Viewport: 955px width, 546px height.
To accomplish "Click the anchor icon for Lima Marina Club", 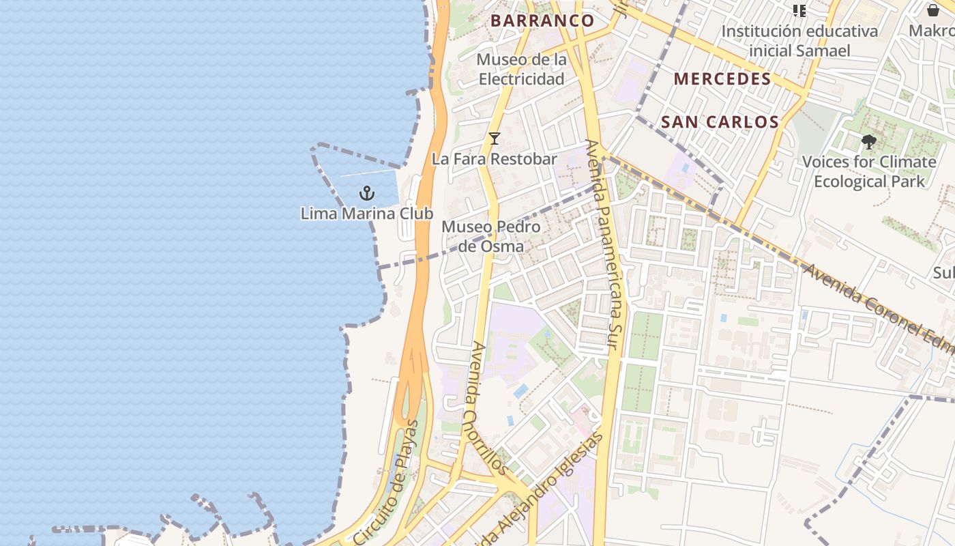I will (x=367, y=193).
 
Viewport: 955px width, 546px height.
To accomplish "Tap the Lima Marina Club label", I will (x=367, y=214).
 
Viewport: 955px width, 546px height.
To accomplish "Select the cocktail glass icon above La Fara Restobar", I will (x=495, y=139).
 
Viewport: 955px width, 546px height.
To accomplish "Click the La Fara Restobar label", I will (x=495, y=159).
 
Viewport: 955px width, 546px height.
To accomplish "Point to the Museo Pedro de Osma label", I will (x=490, y=236).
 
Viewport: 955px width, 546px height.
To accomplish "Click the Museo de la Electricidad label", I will (x=522, y=69).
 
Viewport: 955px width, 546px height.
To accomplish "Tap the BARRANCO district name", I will (x=542, y=20).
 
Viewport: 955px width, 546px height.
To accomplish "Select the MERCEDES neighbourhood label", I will (x=722, y=78).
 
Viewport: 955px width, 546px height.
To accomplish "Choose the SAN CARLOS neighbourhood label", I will (x=720, y=122).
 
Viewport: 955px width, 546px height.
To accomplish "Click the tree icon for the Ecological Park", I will (x=868, y=142).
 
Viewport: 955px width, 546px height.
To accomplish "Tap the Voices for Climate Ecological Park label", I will (x=869, y=171).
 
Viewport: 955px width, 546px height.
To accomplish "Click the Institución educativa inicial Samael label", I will (x=799, y=41).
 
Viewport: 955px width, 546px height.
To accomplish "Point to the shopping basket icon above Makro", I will (x=932, y=10).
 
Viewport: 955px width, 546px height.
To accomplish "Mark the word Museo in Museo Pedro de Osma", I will (x=466, y=227).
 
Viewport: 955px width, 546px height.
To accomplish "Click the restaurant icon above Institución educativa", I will (x=799, y=10).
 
